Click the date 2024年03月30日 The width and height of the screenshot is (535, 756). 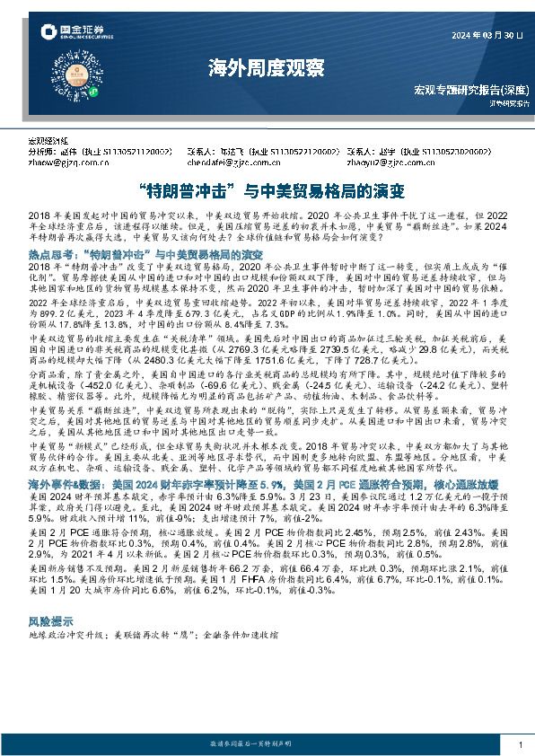coord(486,36)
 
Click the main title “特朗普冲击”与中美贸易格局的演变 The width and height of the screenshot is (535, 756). coord(267,191)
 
